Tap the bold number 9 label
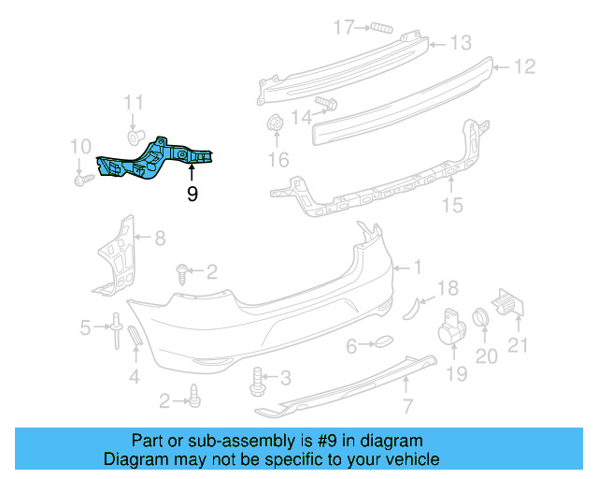pyautogui.click(x=192, y=194)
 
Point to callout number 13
pyautogui.click(x=462, y=43)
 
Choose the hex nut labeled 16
pyautogui.click(x=276, y=123)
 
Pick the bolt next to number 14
pyautogui.click(x=326, y=102)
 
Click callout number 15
pyautogui.click(x=452, y=204)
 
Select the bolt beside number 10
pyautogui.click(x=81, y=176)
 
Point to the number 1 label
pyautogui.click(x=418, y=268)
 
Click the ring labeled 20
pyautogui.click(x=483, y=318)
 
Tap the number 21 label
pyautogui.click(x=518, y=344)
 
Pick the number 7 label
pyautogui.click(x=406, y=406)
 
